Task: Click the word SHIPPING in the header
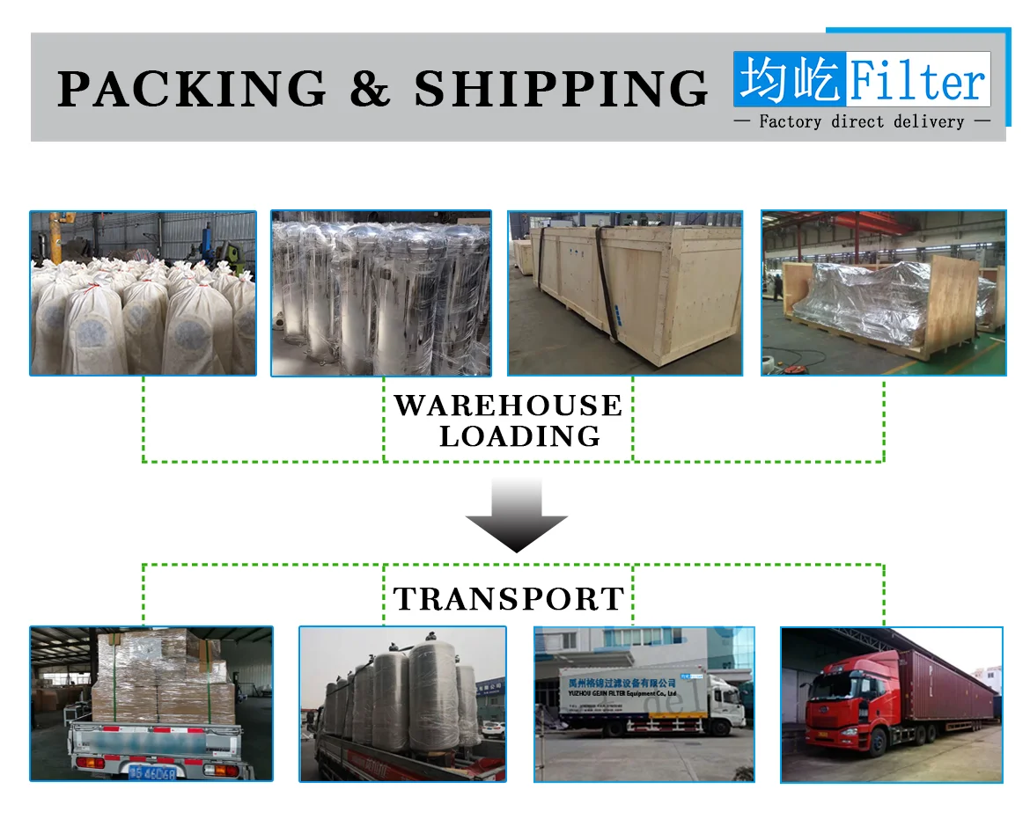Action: pos(561,89)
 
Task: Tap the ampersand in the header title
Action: pos(370,89)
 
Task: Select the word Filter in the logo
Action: pos(917,81)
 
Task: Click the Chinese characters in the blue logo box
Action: pos(790,80)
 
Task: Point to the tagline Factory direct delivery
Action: pos(861,121)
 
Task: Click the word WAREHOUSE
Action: pos(508,406)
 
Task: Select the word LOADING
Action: pos(519,435)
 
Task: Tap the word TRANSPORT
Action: pos(509,599)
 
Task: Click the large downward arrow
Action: pos(516,516)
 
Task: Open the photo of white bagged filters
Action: pos(143,293)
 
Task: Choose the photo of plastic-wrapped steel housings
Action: pos(380,293)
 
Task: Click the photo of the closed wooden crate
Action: pos(625,293)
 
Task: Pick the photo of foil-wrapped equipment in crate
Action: pos(883,293)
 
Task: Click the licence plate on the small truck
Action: pos(151,773)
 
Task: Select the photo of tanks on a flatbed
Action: pos(402,704)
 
